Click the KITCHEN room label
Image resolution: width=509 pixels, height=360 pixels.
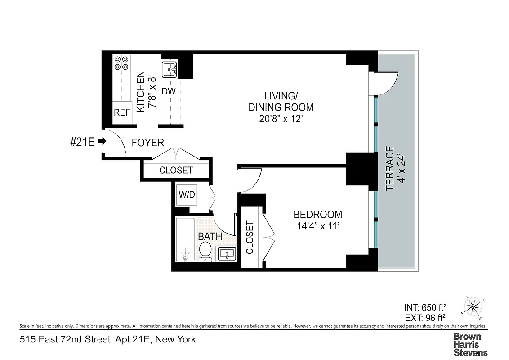pyautogui.click(x=140, y=92)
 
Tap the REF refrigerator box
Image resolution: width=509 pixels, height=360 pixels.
pyautogui.click(x=121, y=112)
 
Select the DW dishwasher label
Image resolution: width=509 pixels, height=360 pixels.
pyautogui.click(x=169, y=91)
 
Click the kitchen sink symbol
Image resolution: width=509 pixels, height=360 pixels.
pyautogui.click(x=170, y=70)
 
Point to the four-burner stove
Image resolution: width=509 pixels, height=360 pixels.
pyautogui.click(x=121, y=63)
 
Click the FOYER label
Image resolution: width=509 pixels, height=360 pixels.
pyautogui.click(x=147, y=143)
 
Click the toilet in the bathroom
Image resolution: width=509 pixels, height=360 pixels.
pyautogui.click(x=205, y=251)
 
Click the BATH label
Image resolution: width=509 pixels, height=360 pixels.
pyautogui.click(x=210, y=236)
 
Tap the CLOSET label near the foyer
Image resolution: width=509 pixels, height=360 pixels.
pyautogui.click(x=176, y=171)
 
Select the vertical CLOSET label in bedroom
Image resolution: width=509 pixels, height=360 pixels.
pyautogui.click(x=250, y=237)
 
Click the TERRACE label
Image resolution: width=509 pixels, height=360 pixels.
pyautogui.click(x=390, y=168)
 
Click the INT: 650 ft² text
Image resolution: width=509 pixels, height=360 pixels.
pyautogui.click(x=425, y=308)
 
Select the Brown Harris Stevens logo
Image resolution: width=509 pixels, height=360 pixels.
pyautogui.click(x=470, y=344)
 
